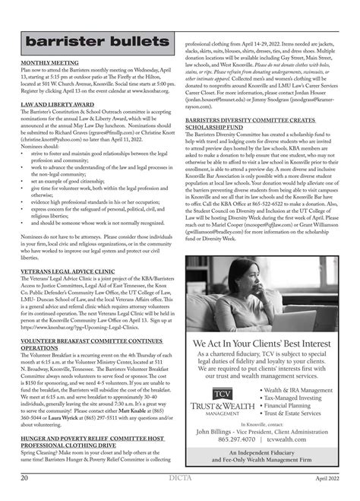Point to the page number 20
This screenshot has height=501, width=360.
[25, 477]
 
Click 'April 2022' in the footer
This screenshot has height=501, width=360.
[327, 477]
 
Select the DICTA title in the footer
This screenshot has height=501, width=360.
[180, 477]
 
